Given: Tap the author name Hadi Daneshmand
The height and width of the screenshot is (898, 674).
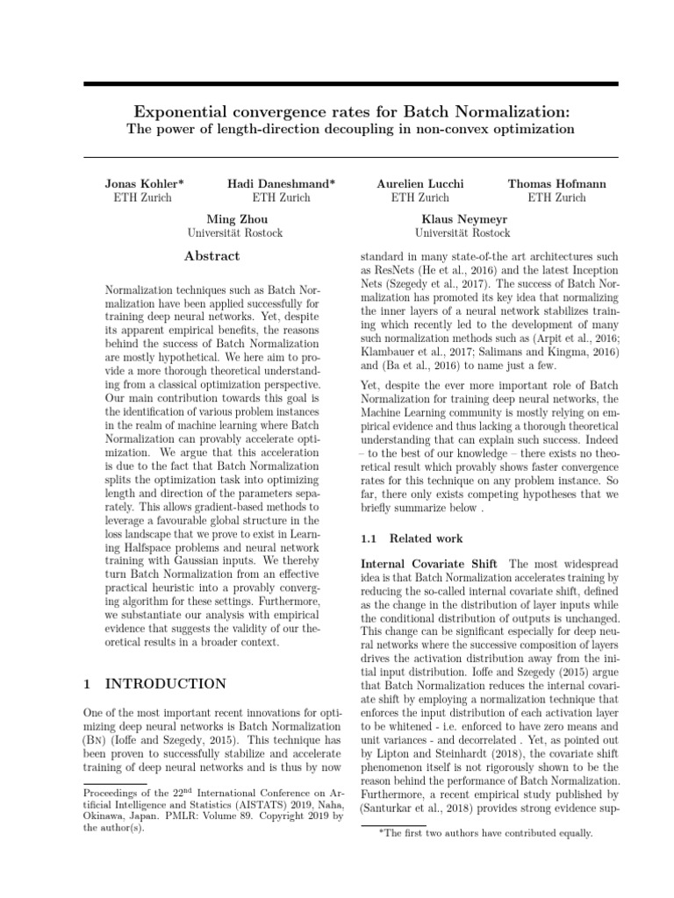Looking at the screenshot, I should [x=282, y=184].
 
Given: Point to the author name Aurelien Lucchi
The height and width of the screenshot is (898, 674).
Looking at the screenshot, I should [x=420, y=184].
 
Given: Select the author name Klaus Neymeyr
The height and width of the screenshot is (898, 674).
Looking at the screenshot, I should [x=465, y=219].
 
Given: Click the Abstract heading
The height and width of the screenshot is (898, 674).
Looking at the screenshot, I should [x=212, y=256].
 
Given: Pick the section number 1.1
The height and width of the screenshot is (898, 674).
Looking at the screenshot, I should [x=370, y=538].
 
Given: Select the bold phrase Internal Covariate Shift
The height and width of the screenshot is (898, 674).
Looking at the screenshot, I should [x=429, y=563].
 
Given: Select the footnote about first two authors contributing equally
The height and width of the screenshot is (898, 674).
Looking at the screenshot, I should [x=484, y=834].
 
